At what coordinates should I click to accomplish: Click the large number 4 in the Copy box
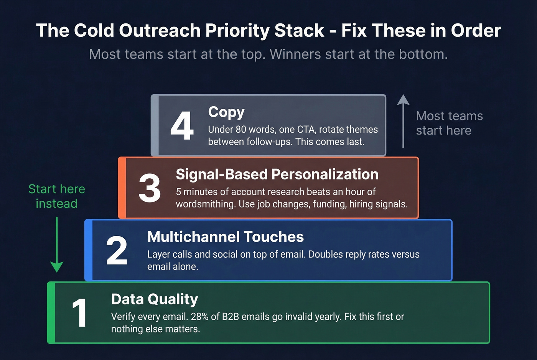click(182, 126)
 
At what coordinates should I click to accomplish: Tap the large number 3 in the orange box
click(150, 188)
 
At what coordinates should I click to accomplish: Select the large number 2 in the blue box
click(117, 251)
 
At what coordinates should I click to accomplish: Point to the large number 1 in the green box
click(79, 313)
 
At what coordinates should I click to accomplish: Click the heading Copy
click(226, 112)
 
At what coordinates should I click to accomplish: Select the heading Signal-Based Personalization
click(277, 174)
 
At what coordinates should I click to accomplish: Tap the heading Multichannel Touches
click(225, 237)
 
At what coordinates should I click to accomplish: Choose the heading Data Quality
click(154, 299)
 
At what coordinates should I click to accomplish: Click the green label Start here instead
click(57, 196)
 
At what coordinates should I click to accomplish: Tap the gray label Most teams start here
click(449, 123)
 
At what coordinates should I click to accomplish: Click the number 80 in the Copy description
click(241, 130)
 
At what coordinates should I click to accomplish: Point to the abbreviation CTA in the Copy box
click(306, 130)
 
